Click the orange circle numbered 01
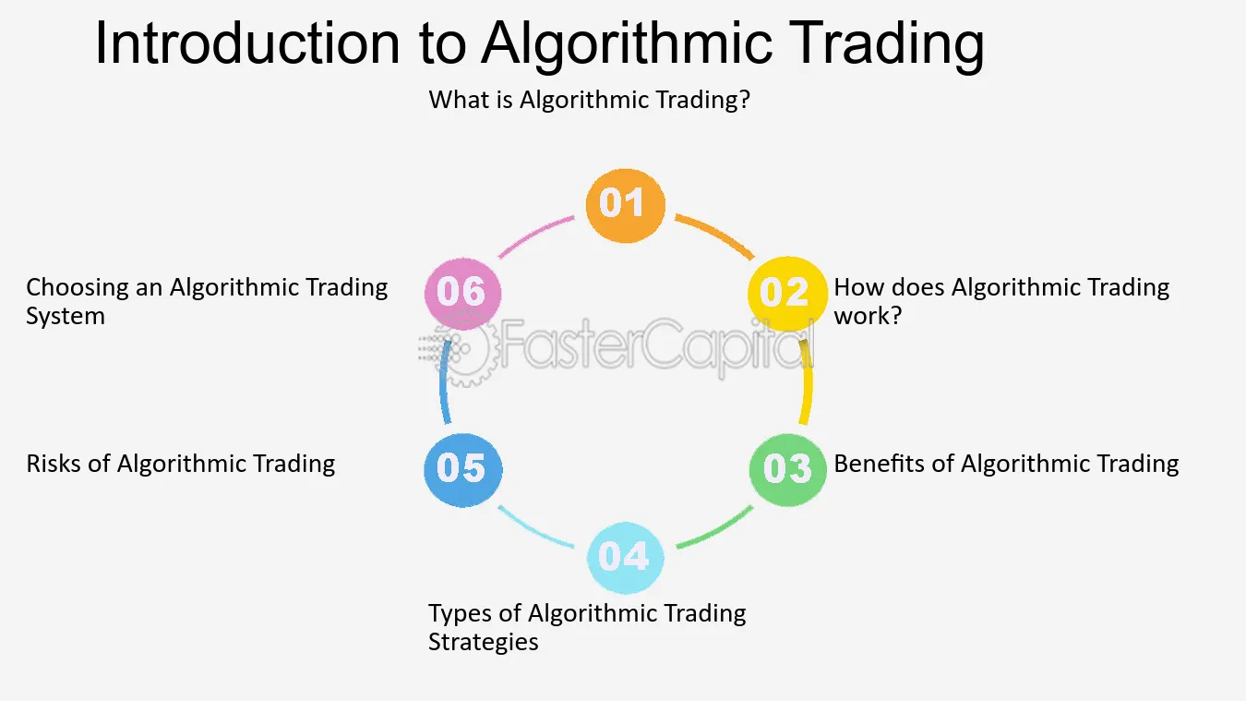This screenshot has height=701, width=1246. click(x=625, y=205)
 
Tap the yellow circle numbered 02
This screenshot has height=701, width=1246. click(x=787, y=294)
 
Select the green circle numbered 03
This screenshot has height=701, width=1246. click(x=787, y=469)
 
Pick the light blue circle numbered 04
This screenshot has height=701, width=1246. click(x=625, y=557)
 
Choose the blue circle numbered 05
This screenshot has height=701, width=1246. click(x=462, y=470)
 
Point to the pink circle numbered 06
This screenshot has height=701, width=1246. click(x=462, y=294)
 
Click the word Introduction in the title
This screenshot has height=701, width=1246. click(x=247, y=43)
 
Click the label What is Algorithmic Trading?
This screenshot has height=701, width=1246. click(x=589, y=101)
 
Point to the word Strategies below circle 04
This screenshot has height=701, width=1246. click(x=483, y=642)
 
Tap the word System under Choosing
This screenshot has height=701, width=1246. click(x=66, y=316)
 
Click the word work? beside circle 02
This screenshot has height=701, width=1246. click(x=868, y=316)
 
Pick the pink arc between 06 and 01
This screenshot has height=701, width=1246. click(x=534, y=234)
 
